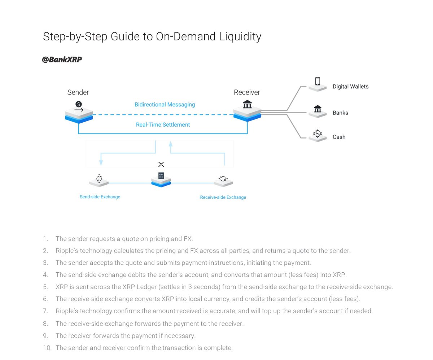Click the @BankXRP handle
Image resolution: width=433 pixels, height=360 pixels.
point(62,60)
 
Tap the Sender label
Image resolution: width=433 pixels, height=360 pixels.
point(78,92)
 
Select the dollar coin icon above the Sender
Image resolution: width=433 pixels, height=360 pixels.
point(79,105)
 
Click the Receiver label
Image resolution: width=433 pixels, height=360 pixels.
point(247,92)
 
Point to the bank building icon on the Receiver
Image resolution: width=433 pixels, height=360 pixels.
point(247,104)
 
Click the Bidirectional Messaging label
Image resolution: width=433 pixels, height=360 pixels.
point(165,105)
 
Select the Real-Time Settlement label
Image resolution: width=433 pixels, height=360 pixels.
point(163,125)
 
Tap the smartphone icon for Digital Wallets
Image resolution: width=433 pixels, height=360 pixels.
point(318,81)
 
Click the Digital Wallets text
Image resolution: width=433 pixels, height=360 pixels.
point(350,87)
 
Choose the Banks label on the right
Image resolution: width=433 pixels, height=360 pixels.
point(340,113)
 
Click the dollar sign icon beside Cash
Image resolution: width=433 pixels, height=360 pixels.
point(318,134)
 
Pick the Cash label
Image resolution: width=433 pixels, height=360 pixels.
point(339,137)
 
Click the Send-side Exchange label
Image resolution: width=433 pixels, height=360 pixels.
point(100,197)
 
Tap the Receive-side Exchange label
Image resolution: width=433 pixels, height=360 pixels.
point(223,197)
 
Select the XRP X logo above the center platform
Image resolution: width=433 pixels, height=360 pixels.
point(161,164)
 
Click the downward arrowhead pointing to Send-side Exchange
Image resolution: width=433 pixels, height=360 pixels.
point(101,163)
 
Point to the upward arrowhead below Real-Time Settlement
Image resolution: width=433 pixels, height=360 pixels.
point(171,144)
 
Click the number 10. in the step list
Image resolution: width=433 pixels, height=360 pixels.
point(47,348)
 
